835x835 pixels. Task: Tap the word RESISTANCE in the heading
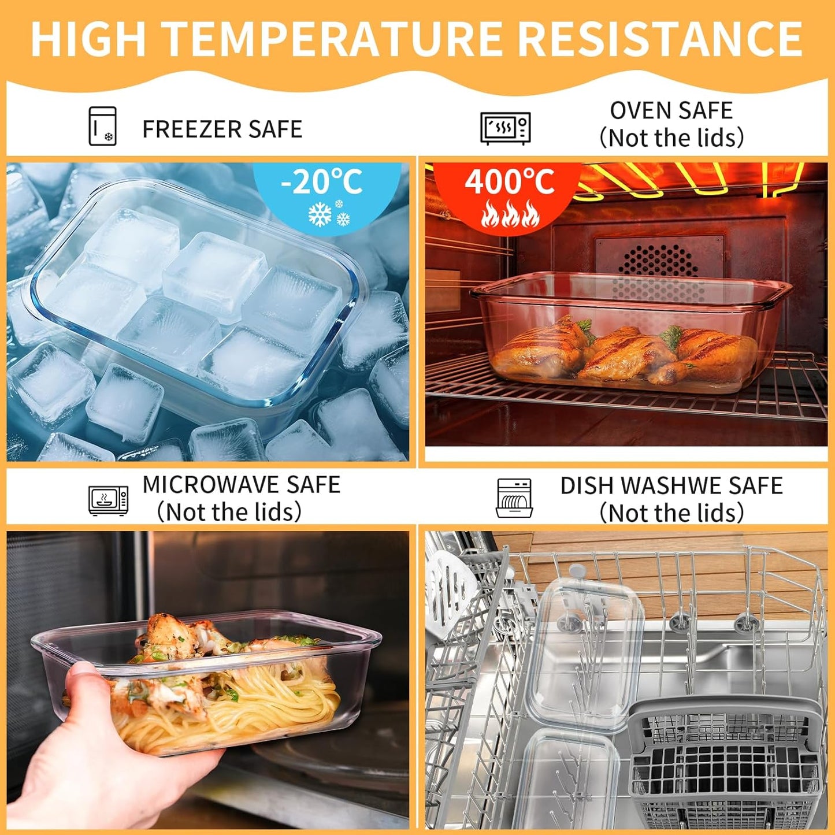pyautogui.click(x=659, y=39)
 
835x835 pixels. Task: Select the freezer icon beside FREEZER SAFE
pyautogui.click(x=102, y=126)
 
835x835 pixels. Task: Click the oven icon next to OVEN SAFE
pyautogui.click(x=505, y=128)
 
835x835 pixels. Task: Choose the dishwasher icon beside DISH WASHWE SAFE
pyautogui.click(x=514, y=498)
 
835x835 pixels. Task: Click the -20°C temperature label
pyautogui.click(x=322, y=182)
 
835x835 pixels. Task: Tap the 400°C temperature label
pyautogui.click(x=509, y=182)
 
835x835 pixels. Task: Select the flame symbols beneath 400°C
pyautogui.click(x=510, y=214)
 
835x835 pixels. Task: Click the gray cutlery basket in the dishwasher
pyautogui.click(x=725, y=763)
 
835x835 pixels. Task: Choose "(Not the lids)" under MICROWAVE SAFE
pyautogui.click(x=229, y=512)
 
